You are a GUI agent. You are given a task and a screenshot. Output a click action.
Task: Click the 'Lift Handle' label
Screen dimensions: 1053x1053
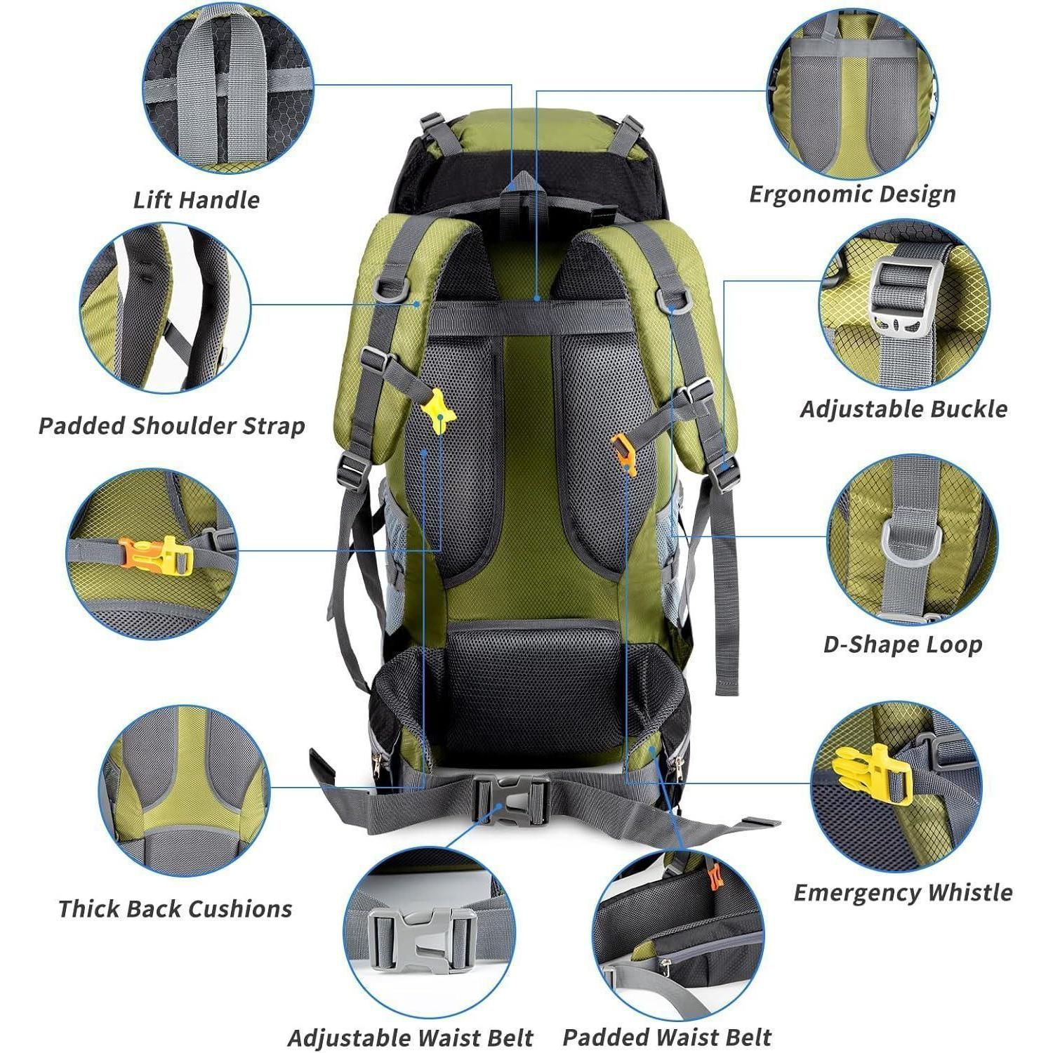(x=197, y=200)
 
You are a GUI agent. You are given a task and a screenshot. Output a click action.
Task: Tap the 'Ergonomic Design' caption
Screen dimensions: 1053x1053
(x=852, y=194)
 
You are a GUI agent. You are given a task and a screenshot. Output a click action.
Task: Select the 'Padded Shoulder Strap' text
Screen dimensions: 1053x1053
(x=172, y=426)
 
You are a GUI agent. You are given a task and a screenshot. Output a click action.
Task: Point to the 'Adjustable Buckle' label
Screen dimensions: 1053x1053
(x=903, y=409)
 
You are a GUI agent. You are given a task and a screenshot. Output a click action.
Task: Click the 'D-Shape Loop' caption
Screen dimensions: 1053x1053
(x=902, y=644)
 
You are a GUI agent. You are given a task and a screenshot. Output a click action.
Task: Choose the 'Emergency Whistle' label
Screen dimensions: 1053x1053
(x=903, y=893)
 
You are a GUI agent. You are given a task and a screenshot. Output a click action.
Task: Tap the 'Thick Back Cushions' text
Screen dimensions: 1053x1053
(x=175, y=909)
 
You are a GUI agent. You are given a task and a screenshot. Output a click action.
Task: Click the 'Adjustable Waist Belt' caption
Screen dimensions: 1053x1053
(x=411, y=1038)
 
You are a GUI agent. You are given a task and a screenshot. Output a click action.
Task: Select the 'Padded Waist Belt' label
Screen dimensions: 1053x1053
(x=667, y=1037)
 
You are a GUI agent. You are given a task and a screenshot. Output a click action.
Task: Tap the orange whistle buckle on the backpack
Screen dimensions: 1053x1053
(x=623, y=453)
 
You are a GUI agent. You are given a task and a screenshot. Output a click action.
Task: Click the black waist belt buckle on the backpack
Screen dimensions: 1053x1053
(x=512, y=800)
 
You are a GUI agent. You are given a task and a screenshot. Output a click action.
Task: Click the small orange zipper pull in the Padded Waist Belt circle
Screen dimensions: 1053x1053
(x=715, y=877)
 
